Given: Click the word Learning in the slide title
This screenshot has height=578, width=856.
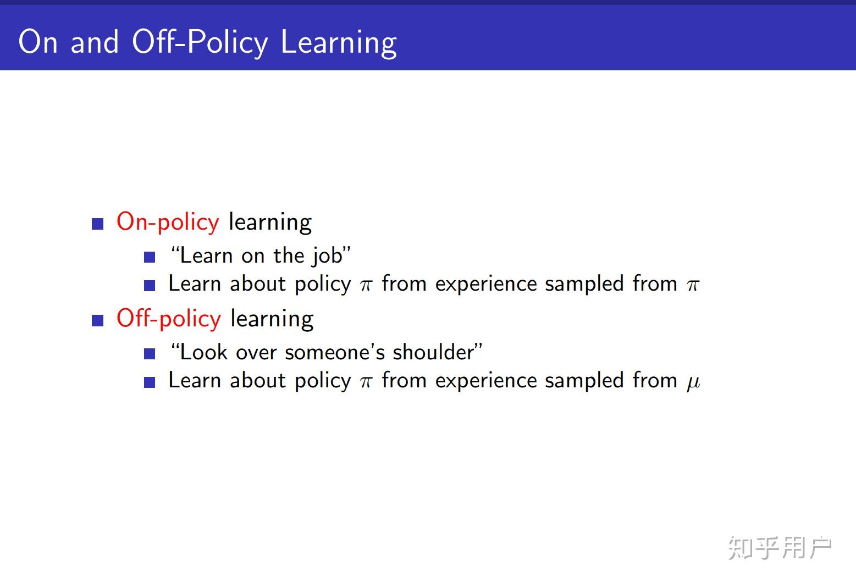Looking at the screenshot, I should (339, 42).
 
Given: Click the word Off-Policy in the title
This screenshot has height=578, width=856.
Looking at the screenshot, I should (200, 42).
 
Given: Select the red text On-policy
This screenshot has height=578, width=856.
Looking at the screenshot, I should (168, 222).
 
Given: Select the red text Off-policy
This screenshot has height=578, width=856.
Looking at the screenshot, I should (169, 319).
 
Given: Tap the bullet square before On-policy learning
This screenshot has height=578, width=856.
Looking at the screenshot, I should (98, 224).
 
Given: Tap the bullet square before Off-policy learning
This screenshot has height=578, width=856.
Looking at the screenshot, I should (98, 320).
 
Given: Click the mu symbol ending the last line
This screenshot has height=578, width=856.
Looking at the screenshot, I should (693, 381).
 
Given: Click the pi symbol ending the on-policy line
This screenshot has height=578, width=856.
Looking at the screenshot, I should (693, 285).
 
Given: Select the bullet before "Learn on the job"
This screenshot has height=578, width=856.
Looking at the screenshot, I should (150, 257).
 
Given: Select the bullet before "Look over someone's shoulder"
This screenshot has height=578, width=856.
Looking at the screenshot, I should (150, 354).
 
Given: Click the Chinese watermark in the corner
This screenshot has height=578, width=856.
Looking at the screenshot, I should (780, 548).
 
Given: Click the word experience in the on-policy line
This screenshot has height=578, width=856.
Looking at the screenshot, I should (486, 285).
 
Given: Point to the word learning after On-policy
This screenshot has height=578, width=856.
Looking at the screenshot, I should (270, 222).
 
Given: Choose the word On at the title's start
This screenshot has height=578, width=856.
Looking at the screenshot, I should (38, 42).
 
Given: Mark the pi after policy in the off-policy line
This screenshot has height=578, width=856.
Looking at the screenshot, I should (366, 381).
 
